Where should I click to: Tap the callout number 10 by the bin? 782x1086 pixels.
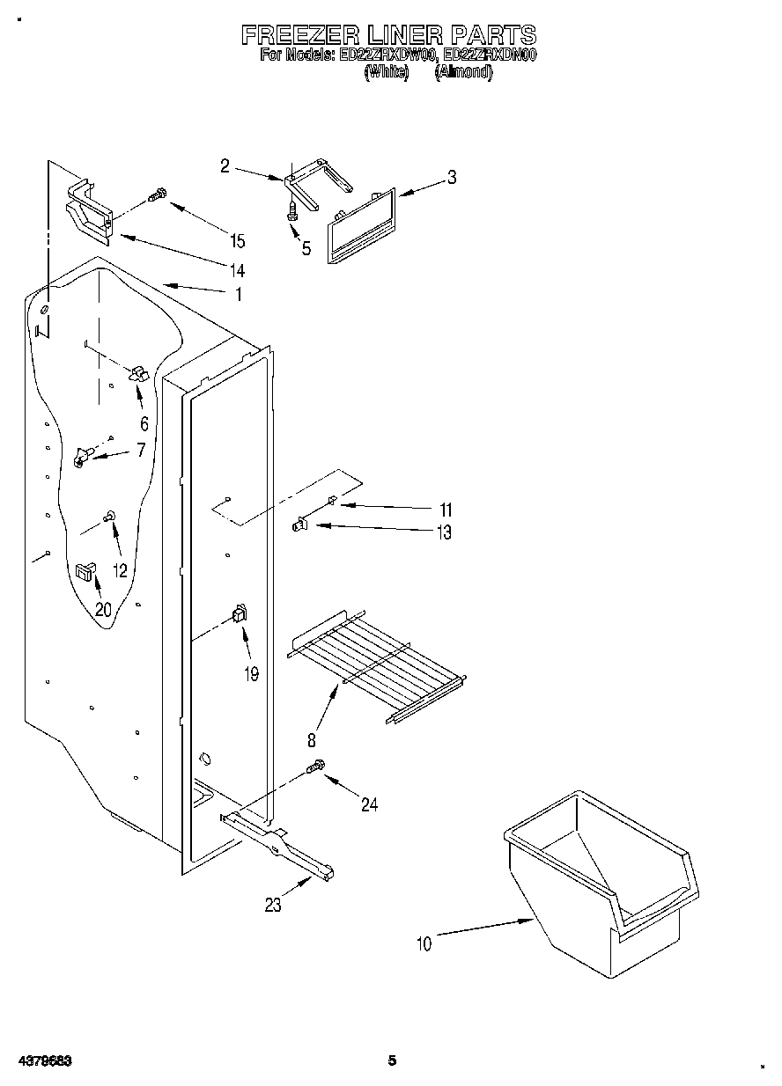[424, 944]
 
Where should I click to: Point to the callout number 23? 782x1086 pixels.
[273, 905]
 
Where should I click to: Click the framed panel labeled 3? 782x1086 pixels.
[362, 224]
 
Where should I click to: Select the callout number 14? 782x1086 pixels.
[238, 269]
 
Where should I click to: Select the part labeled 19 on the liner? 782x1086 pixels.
[238, 615]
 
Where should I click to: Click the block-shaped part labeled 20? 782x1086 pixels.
[85, 571]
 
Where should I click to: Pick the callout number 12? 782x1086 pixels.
[120, 570]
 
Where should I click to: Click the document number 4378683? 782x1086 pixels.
[43, 1061]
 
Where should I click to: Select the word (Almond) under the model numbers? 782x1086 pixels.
[463, 73]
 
